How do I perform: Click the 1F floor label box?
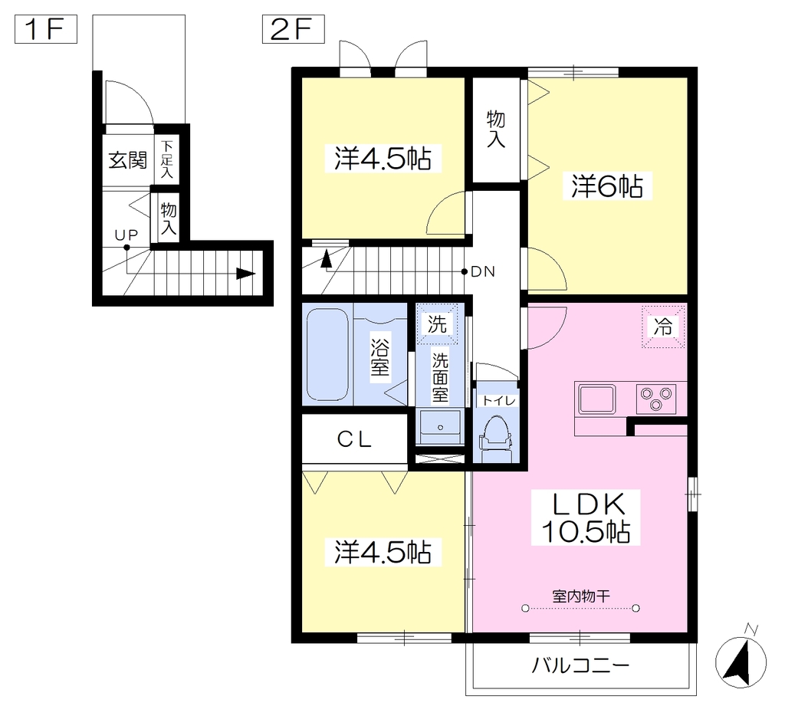click(45, 29)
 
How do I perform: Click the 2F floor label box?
click(294, 29)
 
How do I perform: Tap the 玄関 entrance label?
click(128, 160)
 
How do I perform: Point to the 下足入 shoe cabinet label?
click(166, 159)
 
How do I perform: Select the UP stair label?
click(126, 235)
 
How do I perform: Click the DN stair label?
click(483, 272)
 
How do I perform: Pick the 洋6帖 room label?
click(607, 186)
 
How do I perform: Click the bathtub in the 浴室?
click(327, 354)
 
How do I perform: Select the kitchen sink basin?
click(596, 399)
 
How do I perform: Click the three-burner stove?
click(656, 399)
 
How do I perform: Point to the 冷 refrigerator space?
click(663, 327)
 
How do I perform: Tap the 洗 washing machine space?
click(437, 324)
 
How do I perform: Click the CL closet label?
click(354, 440)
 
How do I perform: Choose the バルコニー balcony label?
click(580, 666)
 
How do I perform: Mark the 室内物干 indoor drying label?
click(581, 596)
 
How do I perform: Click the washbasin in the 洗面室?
click(441, 427)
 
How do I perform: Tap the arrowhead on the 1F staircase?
click(246, 274)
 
